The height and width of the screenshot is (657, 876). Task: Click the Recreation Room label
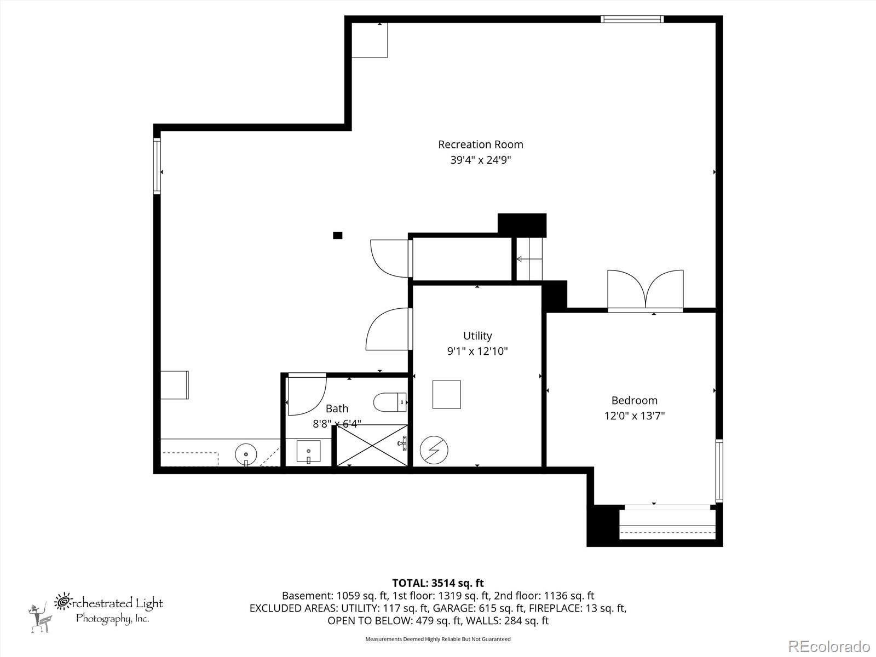point(480,145)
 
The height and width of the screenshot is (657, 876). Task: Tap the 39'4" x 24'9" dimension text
point(480,160)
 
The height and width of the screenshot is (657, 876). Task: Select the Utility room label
point(477,336)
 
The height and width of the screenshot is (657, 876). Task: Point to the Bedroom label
point(634,400)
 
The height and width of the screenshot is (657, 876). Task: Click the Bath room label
point(337,408)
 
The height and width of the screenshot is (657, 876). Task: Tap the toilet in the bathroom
point(390,402)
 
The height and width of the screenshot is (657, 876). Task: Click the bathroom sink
point(309,452)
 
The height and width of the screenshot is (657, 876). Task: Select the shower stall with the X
point(372,446)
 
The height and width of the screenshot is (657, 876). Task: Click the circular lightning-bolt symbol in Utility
point(434,451)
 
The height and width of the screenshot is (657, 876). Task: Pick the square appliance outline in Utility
point(446,394)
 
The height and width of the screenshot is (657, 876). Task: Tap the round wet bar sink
point(246,454)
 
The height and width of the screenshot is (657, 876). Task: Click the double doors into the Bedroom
point(646,290)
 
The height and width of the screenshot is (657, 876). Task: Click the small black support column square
point(338,235)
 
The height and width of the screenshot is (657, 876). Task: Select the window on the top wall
point(632,19)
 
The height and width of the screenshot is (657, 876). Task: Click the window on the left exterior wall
point(157,166)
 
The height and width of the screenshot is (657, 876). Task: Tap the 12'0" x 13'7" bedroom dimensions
point(634,416)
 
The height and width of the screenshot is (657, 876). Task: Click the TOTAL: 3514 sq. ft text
point(437,583)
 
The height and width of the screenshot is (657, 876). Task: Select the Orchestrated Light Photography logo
point(96,610)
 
